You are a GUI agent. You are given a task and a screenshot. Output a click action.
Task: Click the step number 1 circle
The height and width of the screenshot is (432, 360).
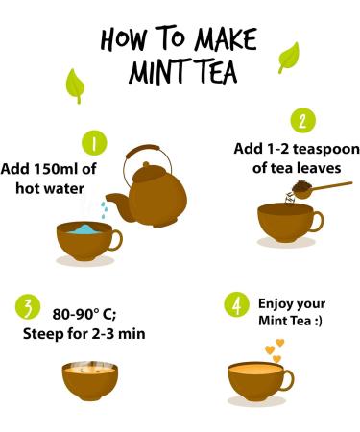tap(94, 144)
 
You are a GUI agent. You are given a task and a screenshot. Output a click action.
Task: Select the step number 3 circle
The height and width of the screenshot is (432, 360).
tap(28, 308)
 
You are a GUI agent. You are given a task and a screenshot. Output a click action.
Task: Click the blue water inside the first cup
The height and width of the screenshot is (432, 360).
tap(86, 229)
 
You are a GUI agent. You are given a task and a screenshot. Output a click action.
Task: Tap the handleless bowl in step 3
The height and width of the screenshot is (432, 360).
tap(90, 378)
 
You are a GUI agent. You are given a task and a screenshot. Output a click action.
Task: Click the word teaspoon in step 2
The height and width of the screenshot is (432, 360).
tap(313, 149)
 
